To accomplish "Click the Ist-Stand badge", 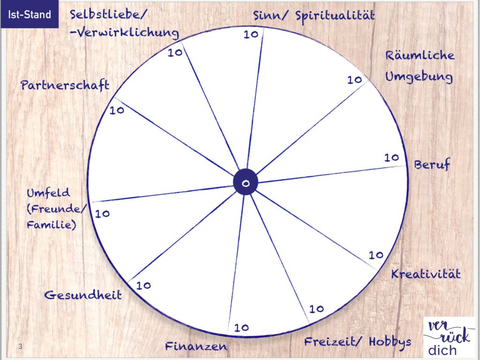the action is [30, 15].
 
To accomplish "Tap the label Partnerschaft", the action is [65, 85].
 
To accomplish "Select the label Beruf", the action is [432, 165].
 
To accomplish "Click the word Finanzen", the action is [196, 346].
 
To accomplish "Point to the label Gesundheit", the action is [83, 295].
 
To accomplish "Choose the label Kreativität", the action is [426, 274].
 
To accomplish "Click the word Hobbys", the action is [390, 342].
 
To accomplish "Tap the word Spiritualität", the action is [335, 15].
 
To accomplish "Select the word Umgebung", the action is [419, 77].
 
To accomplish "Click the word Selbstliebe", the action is [105, 15].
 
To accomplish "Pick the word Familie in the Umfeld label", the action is [51, 225].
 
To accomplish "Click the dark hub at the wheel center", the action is [246, 182].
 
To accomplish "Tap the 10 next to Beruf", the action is [391, 157].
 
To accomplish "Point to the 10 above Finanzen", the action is [241, 328].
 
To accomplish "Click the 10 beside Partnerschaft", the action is [117, 110].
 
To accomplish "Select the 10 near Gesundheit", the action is [143, 285].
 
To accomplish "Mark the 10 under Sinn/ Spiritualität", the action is [251, 34].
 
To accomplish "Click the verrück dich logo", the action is [449, 338].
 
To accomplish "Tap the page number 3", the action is [20, 346].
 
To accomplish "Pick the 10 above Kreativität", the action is [376, 255].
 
